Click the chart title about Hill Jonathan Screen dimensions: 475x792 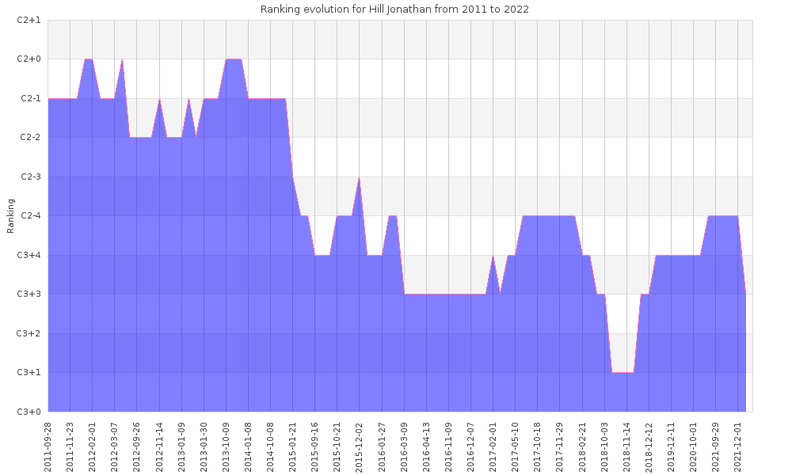(394, 9)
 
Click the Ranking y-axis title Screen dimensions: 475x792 (11, 215)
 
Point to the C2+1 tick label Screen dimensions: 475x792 (29, 20)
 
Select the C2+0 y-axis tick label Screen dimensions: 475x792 (29, 59)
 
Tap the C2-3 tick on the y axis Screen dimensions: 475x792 (29, 177)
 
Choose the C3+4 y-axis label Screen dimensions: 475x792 (29, 255)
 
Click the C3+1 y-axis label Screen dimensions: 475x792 (29, 372)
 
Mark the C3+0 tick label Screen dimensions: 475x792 (29, 412)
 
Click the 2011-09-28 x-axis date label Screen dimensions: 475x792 (48, 444)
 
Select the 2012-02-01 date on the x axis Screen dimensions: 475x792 (93, 444)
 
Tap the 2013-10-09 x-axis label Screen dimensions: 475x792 (227, 444)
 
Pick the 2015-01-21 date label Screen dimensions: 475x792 (293, 444)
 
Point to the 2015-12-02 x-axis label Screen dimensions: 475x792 (360, 444)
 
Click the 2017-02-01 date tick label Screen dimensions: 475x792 (493, 444)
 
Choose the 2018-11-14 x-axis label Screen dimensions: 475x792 (626, 444)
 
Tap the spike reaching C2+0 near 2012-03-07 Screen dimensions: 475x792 (122, 60)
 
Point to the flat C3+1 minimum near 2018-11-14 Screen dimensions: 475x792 (623, 372)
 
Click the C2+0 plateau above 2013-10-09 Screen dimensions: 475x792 (234, 59)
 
